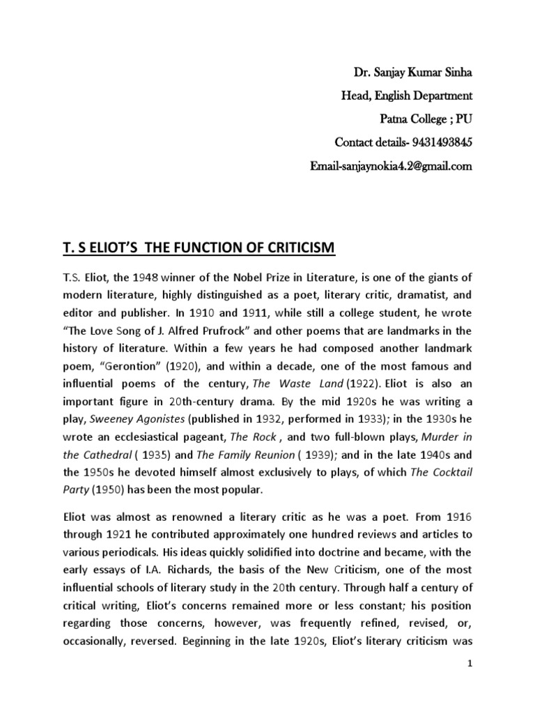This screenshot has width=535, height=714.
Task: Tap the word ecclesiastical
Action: [x=142, y=436]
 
